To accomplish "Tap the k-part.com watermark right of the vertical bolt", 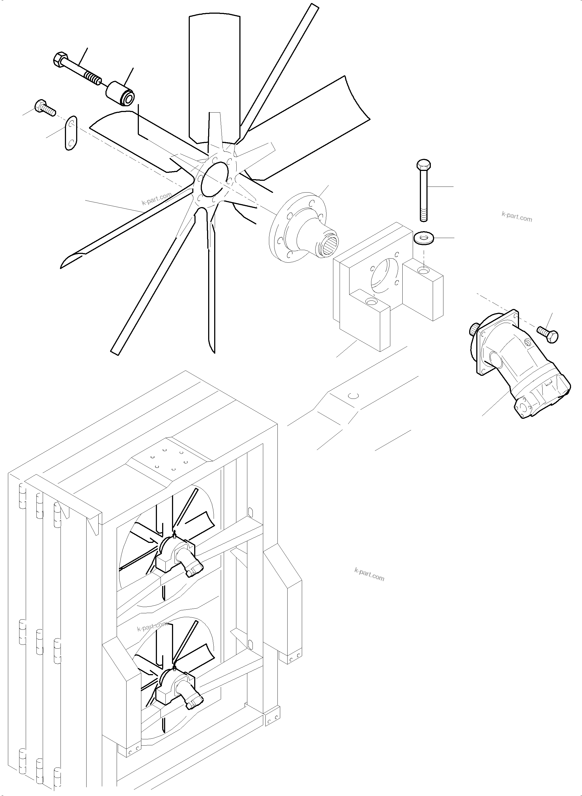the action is point(517,217).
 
